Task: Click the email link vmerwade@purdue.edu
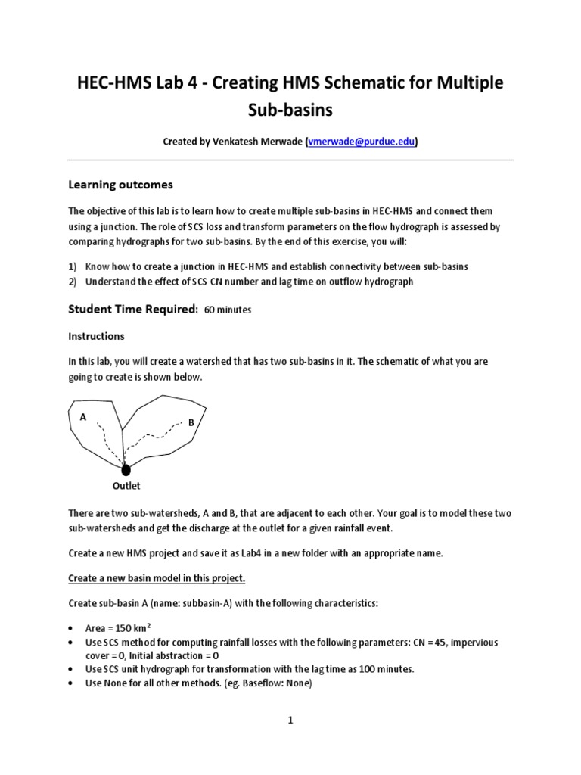click(362, 142)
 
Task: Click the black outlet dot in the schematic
click(126, 471)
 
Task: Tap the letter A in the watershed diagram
click(82, 416)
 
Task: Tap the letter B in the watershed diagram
click(191, 422)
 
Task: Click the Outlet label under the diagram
click(126, 486)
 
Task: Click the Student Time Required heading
click(133, 309)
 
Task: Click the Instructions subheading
click(96, 335)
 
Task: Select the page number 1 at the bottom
click(290, 721)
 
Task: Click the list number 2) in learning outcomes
click(73, 282)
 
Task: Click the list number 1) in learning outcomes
click(73, 266)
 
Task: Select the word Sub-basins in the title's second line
click(290, 110)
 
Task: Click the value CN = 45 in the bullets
click(437, 643)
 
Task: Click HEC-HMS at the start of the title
click(114, 81)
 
